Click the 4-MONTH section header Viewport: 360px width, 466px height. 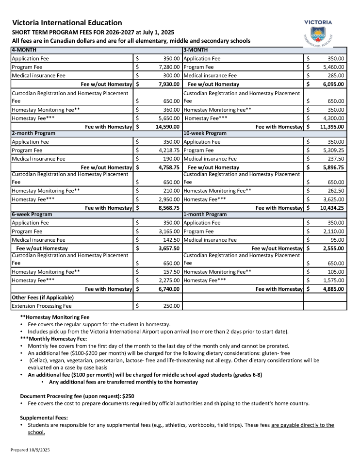(24, 50)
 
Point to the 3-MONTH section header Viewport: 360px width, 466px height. (195, 50)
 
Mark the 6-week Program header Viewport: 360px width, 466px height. (32, 214)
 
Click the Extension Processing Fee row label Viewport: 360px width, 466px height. (41, 306)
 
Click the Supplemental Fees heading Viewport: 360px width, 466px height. (44, 417)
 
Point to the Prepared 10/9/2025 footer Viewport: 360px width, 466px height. (30, 450)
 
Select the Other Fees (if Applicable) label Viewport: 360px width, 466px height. (42, 297)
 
